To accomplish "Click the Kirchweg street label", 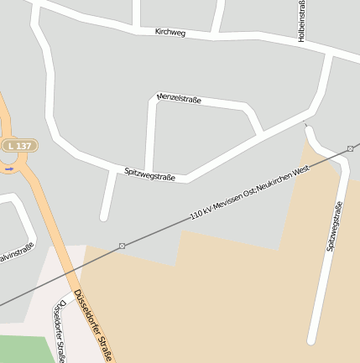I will point(170,33).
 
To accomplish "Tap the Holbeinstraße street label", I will point(301,20).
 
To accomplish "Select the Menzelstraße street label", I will point(179,98).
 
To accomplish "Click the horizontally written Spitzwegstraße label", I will point(149,174).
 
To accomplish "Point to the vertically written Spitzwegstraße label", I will point(335,226).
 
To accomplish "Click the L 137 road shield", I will point(19,146).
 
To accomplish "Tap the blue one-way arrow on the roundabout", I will point(8,169).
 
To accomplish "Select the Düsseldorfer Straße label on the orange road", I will point(93,325).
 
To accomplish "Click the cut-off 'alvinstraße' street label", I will point(16,252).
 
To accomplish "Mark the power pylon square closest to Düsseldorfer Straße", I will point(123,246).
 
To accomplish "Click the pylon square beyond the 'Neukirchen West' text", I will point(350,149).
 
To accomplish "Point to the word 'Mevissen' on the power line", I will point(229,200).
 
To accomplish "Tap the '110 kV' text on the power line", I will point(201,213).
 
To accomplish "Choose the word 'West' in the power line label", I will point(300,170).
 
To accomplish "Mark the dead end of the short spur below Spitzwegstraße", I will point(104,217).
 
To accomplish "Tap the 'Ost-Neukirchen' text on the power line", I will point(267,184).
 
